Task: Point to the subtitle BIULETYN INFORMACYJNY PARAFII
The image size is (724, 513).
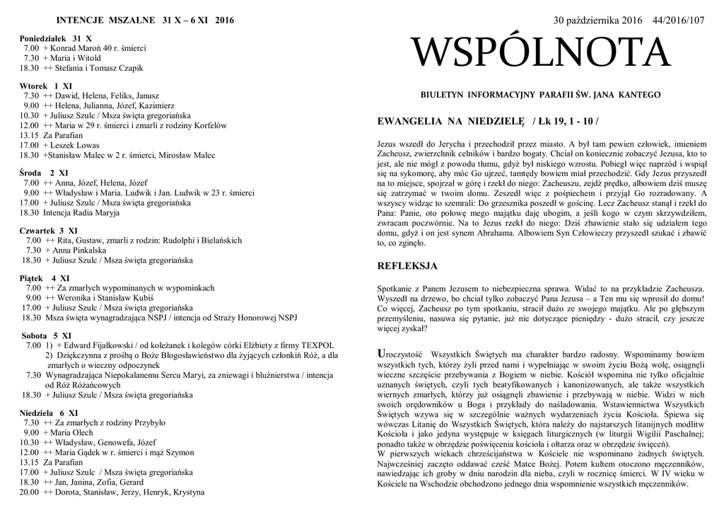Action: pos(540,94)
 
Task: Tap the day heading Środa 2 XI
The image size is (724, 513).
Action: pos(44,172)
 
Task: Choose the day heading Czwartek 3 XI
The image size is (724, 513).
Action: pos(49,230)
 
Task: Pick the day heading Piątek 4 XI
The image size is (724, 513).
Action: pos(44,278)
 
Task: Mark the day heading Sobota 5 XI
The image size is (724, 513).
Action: pos(47,335)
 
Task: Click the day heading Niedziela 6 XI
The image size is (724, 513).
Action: pos(49,412)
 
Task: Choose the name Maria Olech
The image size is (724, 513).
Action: pos(71,432)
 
